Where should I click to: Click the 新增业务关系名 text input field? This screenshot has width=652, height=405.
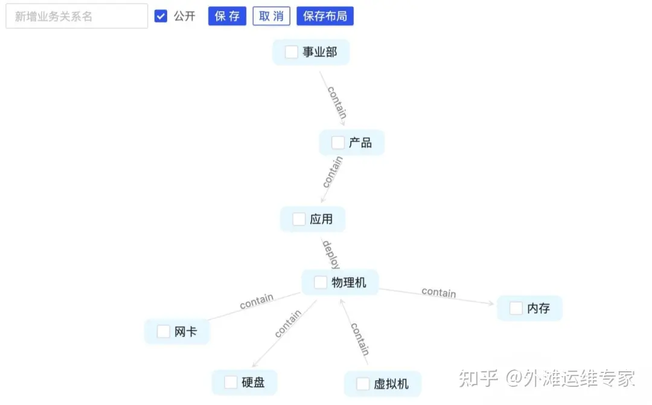[77, 16]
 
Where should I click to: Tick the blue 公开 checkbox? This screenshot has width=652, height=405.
[161, 16]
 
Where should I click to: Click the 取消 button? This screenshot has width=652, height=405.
[271, 16]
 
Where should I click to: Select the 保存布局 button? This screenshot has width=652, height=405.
[325, 16]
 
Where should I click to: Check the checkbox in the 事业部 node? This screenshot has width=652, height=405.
[292, 52]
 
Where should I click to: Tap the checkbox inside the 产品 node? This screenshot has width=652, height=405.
[338, 143]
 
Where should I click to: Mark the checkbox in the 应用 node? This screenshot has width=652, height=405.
[299, 219]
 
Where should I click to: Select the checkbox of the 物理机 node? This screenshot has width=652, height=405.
[321, 282]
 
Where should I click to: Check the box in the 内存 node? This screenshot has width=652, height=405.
[516, 308]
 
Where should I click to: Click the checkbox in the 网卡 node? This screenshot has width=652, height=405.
[163, 331]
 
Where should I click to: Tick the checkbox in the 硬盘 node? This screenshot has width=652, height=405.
[231, 382]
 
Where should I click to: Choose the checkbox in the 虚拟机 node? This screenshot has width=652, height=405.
[362, 384]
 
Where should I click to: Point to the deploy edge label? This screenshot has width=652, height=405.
[330, 254]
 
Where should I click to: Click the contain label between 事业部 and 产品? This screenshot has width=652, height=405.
[337, 102]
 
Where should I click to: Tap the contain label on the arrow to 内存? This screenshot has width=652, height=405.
[439, 292]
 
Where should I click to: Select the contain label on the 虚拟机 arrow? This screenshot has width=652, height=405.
[360, 339]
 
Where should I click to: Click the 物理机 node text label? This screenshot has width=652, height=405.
[349, 282]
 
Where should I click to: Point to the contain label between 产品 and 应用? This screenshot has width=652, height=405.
[333, 171]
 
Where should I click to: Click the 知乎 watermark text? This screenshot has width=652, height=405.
[478, 378]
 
